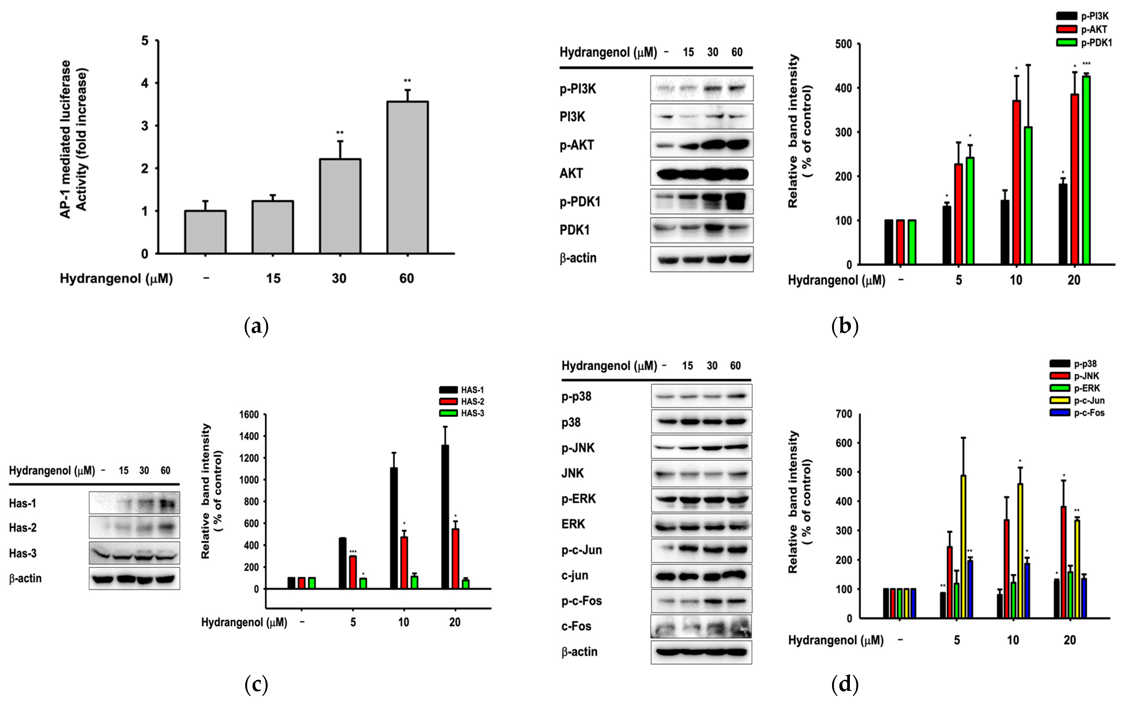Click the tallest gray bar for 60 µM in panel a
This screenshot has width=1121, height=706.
[407, 177]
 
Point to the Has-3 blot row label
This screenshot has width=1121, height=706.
[22, 553]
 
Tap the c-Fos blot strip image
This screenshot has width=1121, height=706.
[701, 626]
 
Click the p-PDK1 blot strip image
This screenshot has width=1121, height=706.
[702, 202]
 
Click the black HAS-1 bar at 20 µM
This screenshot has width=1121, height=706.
[445, 517]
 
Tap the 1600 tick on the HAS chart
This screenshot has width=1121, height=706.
[249, 414]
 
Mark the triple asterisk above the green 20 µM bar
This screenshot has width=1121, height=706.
[1086, 64]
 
